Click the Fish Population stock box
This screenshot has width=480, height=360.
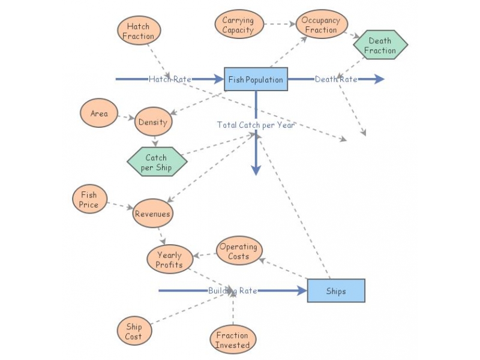tap(256, 79)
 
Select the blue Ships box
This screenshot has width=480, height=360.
tap(335, 291)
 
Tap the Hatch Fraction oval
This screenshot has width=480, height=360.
tap(138, 31)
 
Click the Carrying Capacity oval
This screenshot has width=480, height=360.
tap(238, 25)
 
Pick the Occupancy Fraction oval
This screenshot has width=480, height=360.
tap(321, 25)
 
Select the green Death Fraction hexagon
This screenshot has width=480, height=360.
tap(380, 46)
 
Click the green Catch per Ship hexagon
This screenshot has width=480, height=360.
tap(156, 163)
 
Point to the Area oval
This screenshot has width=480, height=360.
tap(99, 113)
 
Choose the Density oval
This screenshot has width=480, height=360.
tap(153, 122)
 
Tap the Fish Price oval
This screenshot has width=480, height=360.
tap(89, 200)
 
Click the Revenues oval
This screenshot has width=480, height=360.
tap(152, 214)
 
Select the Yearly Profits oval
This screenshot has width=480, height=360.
tap(170, 260)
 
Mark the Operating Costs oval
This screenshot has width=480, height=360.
tap(238, 251)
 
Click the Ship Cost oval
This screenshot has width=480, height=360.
tap(133, 332)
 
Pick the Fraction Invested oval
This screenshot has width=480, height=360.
tap(232, 340)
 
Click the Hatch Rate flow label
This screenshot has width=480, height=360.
tap(170, 79)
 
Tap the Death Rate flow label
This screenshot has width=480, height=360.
tap(336, 79)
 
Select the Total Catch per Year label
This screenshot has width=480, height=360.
tap(256, 125)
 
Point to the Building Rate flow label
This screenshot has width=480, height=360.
tap(232, 291)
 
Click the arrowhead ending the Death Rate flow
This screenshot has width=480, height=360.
tap(379, 79)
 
